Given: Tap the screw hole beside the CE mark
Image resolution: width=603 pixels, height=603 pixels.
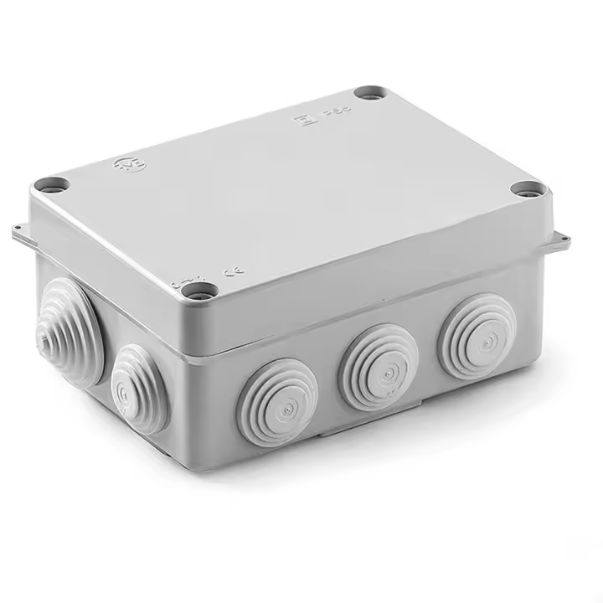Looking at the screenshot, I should tap(199, 291).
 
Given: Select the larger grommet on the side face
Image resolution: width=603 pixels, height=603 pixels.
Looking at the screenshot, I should tap(69, 332).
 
